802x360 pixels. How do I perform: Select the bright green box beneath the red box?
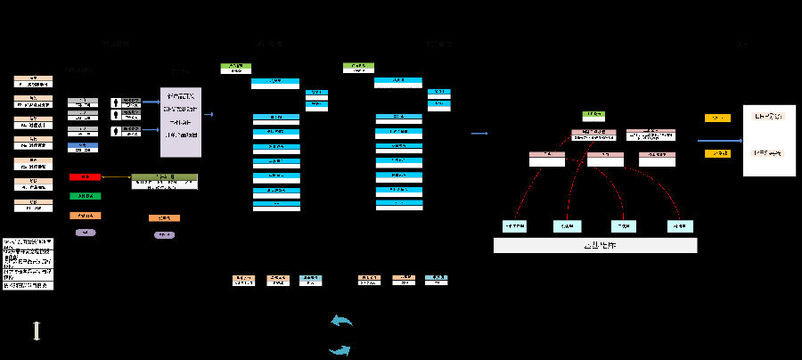pyautogui.click(x=85, y=196)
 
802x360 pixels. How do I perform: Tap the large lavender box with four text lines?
pyautogui.click(x=181, y=122)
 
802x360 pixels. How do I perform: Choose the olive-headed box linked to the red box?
pyautogui.click(x=165, y=181)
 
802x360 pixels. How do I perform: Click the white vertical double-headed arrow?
pyautogui.click(x=37, y=331)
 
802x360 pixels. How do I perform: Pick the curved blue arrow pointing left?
pyautogui.click(x=341, y=321)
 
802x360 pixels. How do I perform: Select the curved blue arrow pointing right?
pyautogui.click(x=340, y=350)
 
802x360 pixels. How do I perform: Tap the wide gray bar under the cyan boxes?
pyautogui.click(x=595, y=246)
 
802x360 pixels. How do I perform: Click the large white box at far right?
pyautogui.click(x=769, y=140)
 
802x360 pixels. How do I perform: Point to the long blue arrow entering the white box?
pyautogui.click(x=719, y=140)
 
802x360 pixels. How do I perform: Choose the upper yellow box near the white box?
pyautogui.click(x=717, y=118)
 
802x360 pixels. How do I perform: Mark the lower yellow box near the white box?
pyautogui.click(x=717, y=153)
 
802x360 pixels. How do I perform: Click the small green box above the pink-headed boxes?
pyautogui.click(x=594, y=116)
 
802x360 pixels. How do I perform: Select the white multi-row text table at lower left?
pyautogui.click(x=28, y=264)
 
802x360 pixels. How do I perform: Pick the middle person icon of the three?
pyautogui.click(x=116, y=117)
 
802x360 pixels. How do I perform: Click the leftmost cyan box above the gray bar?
pyautogui.click(x=515, y=225)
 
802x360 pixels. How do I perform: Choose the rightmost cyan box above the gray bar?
pyautogui.click(x=680, y=225)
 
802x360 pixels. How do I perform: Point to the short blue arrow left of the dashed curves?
pyautogui.click(x=480, y=134)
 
